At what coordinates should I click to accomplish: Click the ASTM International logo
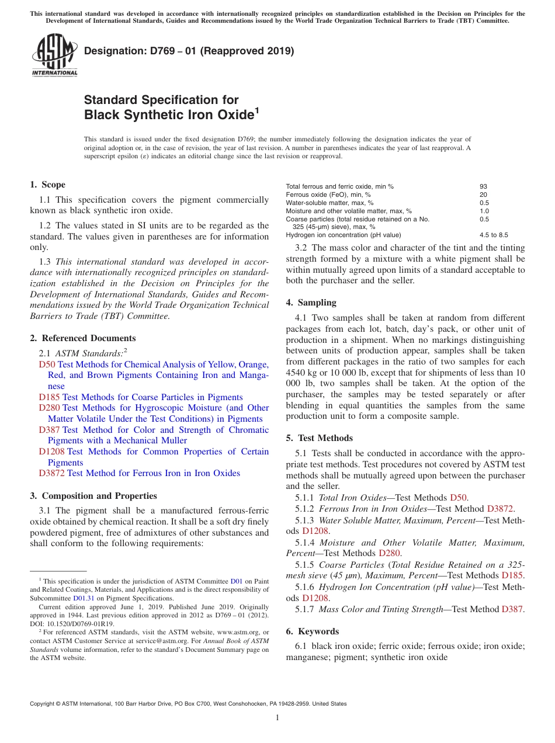click(54, 55)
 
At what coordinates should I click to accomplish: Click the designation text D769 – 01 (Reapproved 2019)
click(189, 51)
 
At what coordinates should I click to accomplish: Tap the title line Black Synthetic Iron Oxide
click(169, 114)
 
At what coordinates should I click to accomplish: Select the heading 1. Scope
click(48, 185)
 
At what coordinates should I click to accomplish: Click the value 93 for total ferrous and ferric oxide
click(483, 186)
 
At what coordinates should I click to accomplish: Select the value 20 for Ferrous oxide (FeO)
click(483, 195)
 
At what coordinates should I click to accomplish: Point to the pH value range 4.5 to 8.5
click(494, 235)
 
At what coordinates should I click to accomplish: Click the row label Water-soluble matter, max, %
click(329, 203)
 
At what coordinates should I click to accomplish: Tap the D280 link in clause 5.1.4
click(390, 553)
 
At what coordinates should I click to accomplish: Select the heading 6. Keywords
click(313, 631)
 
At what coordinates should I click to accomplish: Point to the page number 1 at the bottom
click(277, 718)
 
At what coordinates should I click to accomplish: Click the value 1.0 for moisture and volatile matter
click(484, 211)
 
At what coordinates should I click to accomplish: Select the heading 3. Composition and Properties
click(93, 496)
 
